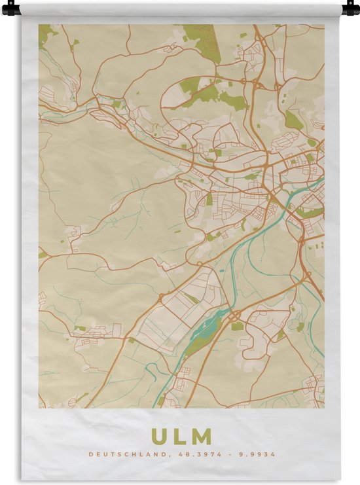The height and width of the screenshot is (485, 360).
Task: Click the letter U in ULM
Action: click(160, 437)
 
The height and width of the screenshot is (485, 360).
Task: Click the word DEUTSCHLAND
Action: click(119, 454)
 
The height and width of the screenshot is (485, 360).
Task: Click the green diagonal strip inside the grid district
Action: click(190, 298)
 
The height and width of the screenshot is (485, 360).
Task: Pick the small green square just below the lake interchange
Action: click(237, 326)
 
